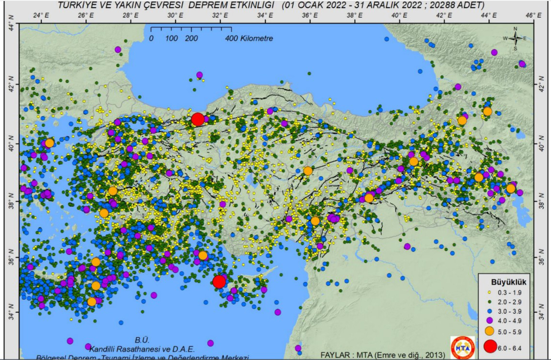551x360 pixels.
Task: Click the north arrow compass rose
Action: point(515,38)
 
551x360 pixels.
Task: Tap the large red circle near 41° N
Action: point(198,119)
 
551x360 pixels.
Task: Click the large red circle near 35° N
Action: point(219,281)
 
